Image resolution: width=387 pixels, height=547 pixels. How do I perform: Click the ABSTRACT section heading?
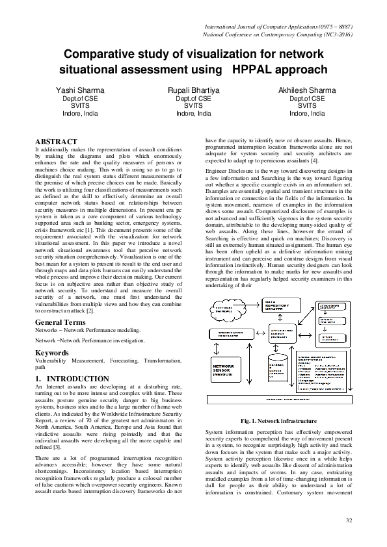[55, 142]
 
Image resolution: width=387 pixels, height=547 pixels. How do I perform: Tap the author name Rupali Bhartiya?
[193, 90]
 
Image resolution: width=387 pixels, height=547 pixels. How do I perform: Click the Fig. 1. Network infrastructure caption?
[278, 421]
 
